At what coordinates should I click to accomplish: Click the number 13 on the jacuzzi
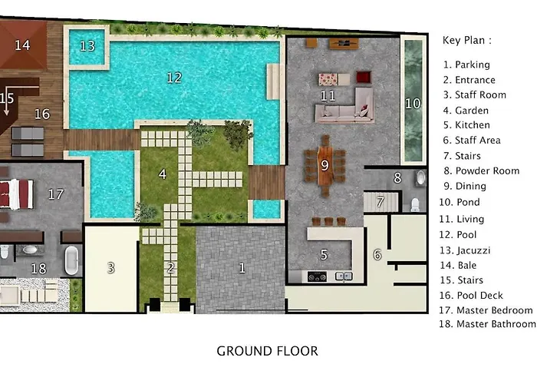point(87,46)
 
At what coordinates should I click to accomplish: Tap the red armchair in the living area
point(364,77)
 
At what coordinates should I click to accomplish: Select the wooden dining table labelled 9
point(325,166)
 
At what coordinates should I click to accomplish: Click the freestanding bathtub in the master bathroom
point(71,260)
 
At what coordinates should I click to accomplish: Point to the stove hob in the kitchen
point(317,276)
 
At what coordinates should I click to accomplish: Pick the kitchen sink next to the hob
point(344,276)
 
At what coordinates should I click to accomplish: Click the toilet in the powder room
point(415,205)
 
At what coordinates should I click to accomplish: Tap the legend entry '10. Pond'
point(460,202)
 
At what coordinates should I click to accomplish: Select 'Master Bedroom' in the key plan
point(495,310)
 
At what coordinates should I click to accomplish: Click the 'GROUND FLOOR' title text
point(268,351)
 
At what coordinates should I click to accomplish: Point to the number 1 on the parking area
point(242,268)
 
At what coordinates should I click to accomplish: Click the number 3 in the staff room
point(111,268)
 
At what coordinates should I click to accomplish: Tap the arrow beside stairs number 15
point(6,109)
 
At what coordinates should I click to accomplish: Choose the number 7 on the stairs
point(381,201)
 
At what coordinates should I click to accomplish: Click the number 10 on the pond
point(413,104)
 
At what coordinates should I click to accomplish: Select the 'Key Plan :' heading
point(466,41)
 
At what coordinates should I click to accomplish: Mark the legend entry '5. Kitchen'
point(466,125)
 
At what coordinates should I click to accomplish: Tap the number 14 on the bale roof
point(22,45)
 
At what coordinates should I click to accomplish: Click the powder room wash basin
point(421,178)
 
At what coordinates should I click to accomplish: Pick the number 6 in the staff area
point(377,255)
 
